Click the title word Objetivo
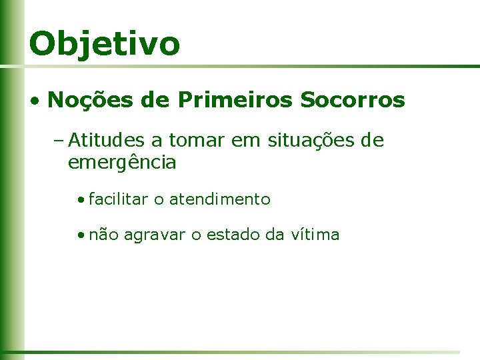(x=104, y=44)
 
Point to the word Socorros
(x=353, y=100)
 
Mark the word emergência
(x=122, y=163)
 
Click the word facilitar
(x=117, y=199)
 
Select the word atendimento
(x=220, y=199)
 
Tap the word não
(x=103, y=235)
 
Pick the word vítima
(x=315, y=235)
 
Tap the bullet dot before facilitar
(x=80, y=199)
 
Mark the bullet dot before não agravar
(x=80, y=235)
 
